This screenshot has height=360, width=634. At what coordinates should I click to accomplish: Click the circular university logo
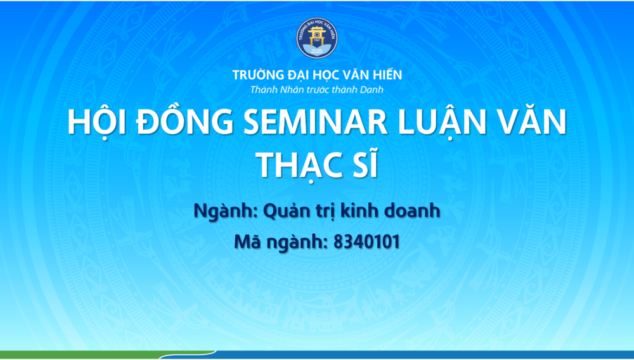(317, 37)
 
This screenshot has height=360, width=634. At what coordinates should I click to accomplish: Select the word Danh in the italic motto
(370, 89)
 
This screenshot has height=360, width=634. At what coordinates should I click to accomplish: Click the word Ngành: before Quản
(226, 211)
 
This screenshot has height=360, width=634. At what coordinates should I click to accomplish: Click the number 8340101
(366, 242)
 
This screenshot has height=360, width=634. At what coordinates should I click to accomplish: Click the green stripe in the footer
(107, 355)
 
